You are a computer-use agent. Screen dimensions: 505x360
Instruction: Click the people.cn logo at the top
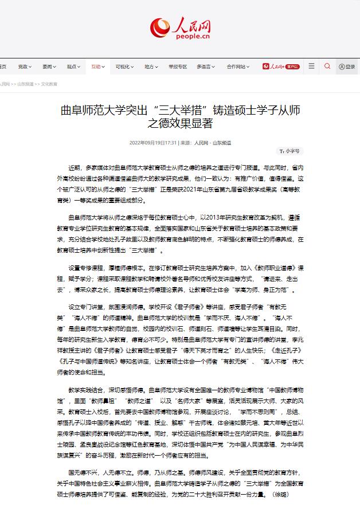[x=180, y=27]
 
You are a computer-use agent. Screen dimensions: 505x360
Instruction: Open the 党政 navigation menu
[x=25, y=66]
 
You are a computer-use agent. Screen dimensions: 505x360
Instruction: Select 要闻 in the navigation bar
[x=49, y=66]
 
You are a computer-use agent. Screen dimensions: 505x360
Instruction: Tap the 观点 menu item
[x=73, y=66]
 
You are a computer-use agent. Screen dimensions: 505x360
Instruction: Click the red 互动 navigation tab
[x=97, y=66]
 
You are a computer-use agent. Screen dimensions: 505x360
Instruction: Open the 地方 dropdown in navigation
[x=151, y=66]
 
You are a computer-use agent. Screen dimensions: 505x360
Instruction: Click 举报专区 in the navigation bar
[x=178, y=66]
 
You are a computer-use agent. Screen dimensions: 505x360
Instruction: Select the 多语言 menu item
[x=205, y=66]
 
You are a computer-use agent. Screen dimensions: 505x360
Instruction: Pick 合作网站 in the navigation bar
[x=237, y=66]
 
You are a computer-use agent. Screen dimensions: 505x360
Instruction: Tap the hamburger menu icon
[x=311, y=66]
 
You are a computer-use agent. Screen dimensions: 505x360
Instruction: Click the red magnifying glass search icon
[x=327, y=66]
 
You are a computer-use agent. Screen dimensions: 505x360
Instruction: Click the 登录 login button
[x=347, y=66]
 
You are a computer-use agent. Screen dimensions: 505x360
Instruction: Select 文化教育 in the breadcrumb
[x=49, y=84]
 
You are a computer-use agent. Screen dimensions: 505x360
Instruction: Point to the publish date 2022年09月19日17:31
[x=153, y=142]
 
